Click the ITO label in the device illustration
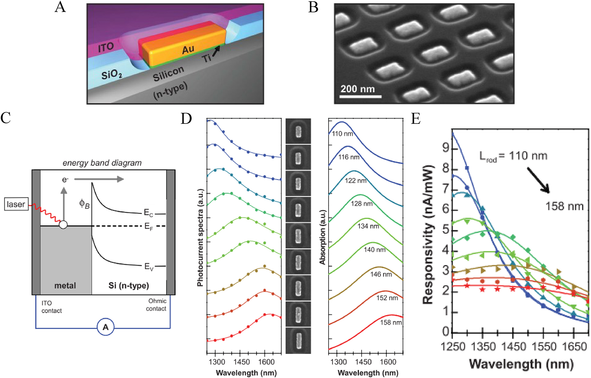pyautogui.click(x=106, y=48)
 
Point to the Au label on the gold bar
pyautogui.click(x=188, y=50)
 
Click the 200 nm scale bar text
pyautogui.click(x=357, y=89)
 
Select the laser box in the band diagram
pyautogui.click(x=16, y=204)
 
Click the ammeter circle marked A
pyautogui.click(x=106, y=327)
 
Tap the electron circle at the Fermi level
pyautogui.click(x=63, y=225)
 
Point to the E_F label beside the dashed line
pyautogui.click(x=149, y=227)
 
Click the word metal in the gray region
pyautogui.click(x=65, y=286)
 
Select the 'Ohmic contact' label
pyautogui.click(x=156, y=305)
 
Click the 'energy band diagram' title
pyautogui.click(x=102, y=163)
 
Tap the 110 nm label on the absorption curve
pyautogui.click(x=342, y=134)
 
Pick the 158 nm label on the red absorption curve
pyautogui.click(x=391, y=323)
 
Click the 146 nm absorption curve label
pyautogui.click(x=381, y=275)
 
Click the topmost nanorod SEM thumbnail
pyautogui.click(x=298, y=131)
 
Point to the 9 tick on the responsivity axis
pyautogui.click(x=445, y=148)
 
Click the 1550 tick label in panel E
pyautogui.click(x=544, y=346)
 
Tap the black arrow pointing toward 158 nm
pyautogui.click(x=538, y=180)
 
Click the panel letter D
pyautogui.click(x=186, y=119)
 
